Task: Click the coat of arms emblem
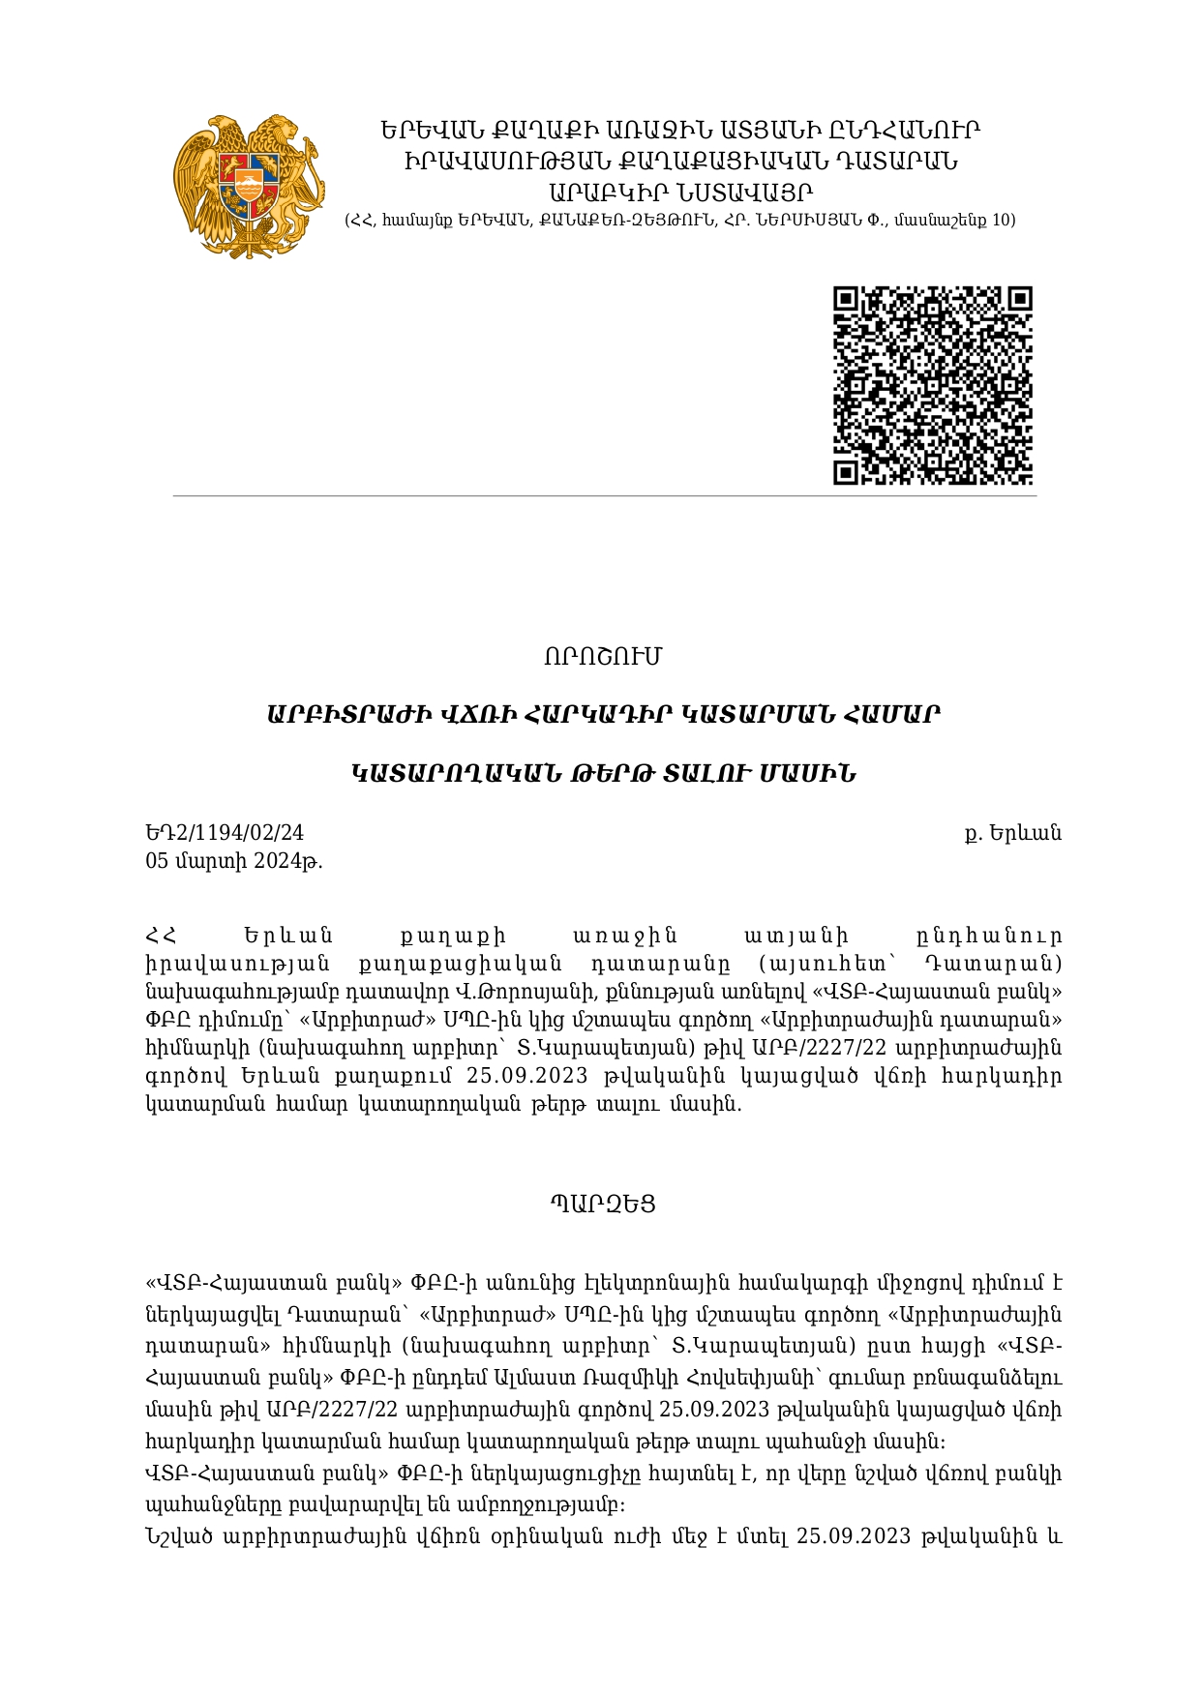coord(249,187)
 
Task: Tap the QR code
coord(933,385)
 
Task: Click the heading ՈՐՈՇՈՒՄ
coord(602,657)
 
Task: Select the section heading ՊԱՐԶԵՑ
coord(603,1205)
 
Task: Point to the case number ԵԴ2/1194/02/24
coord(225,833)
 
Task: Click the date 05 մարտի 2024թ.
coord(233,861)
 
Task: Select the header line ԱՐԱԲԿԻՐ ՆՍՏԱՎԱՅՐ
coord(679,192)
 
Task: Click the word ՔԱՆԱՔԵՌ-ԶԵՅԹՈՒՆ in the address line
coord(620,221)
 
